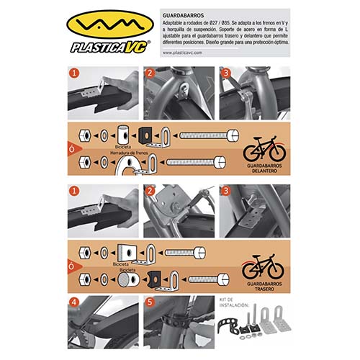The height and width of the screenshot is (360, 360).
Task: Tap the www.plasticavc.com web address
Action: click(x=188, y=53)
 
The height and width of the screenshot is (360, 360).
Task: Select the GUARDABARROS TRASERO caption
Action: click(x=262, y=286)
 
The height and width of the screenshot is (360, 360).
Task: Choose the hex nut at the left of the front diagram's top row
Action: click(x=84, y=135)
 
